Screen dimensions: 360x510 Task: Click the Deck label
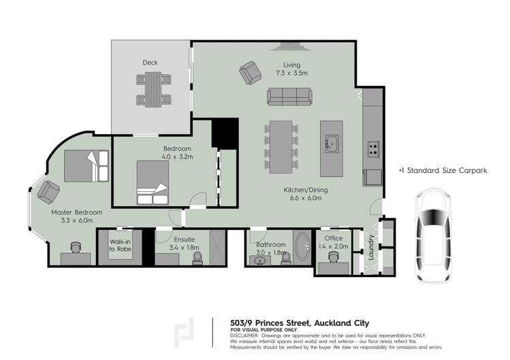point(150,63)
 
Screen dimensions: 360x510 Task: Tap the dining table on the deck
point(150,89)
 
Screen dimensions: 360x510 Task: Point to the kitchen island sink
point(332,144)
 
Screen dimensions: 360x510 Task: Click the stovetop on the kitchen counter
point(373,148)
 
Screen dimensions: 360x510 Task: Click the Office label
point(333,238)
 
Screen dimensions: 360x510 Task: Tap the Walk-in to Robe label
point(122,245)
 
